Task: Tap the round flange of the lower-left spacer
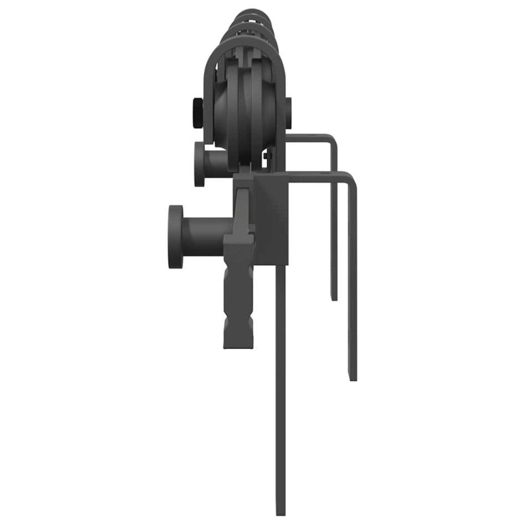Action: (x=176, y=237)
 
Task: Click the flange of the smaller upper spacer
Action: (x=200, y=164)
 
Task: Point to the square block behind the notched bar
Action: (x=272, y=216)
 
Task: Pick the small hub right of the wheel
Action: (x=288, y=113)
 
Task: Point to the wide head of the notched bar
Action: (x=238, y=244)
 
